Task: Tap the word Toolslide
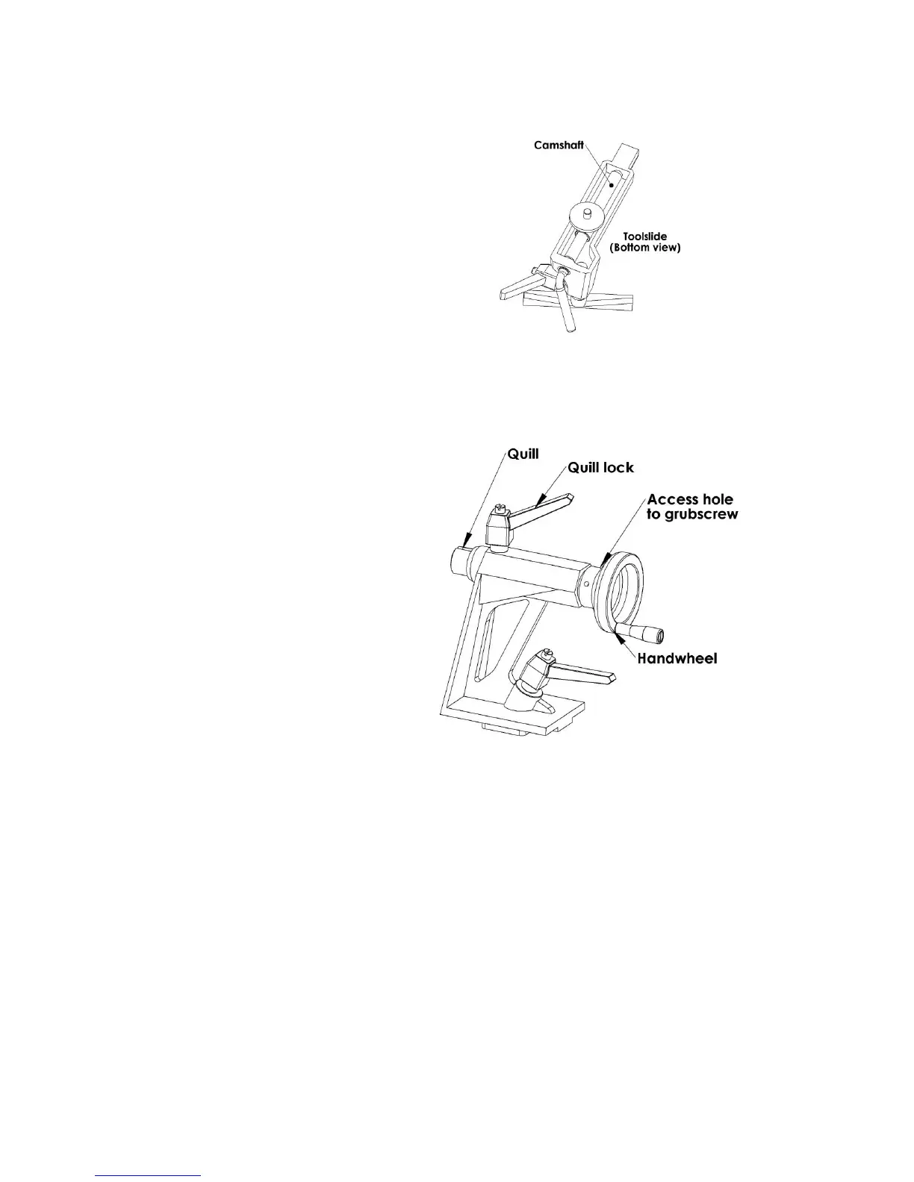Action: tap(645, 237)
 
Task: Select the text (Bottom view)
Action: tap(645, 248)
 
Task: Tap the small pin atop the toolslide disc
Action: tap(588, 212)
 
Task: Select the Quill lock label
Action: tap(600, 468)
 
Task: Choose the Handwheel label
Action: tap(677, 659)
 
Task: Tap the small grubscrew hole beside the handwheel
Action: tap(587, 583)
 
